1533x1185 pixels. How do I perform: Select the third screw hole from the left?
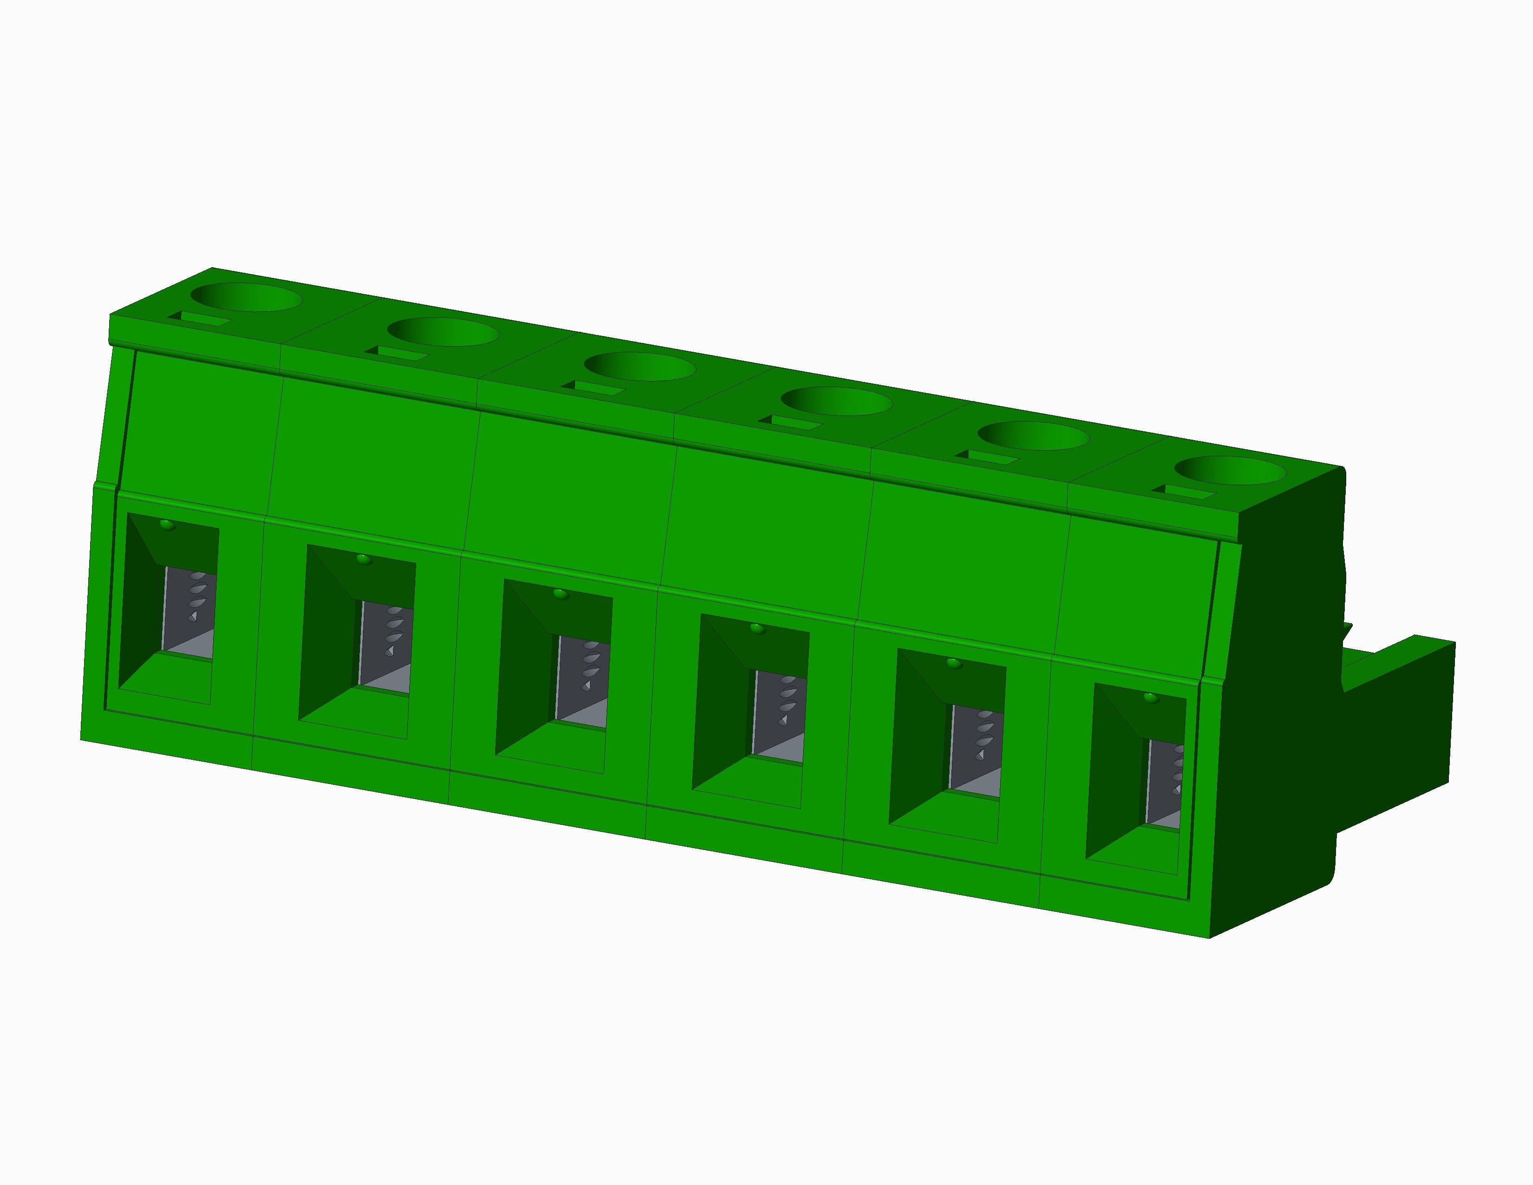[x=640, y=367]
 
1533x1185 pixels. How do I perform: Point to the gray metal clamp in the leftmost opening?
[x=188, y=614]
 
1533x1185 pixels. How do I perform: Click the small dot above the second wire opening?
[x=363, y=559]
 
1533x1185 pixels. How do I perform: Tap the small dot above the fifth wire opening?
[x=954, y=663]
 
